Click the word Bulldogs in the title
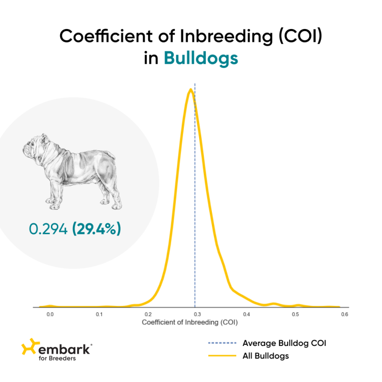[x=201, y=58]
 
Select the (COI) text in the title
[x=297, y=36]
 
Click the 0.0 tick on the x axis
[x=50, y=315]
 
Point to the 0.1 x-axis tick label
[x=99, y=315]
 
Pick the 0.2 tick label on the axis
[x=148, y=315]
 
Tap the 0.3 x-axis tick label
[x=197, y=315]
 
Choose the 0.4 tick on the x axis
[x=246, y=315]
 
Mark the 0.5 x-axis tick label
[x=295, y=315]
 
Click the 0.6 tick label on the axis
[x=344, y=315]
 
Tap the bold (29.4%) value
[x=97, y=229]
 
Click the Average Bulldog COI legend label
[x=284, y=343]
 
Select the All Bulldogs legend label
[x=266, y=356]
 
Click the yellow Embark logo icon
[x=29, y=348]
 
